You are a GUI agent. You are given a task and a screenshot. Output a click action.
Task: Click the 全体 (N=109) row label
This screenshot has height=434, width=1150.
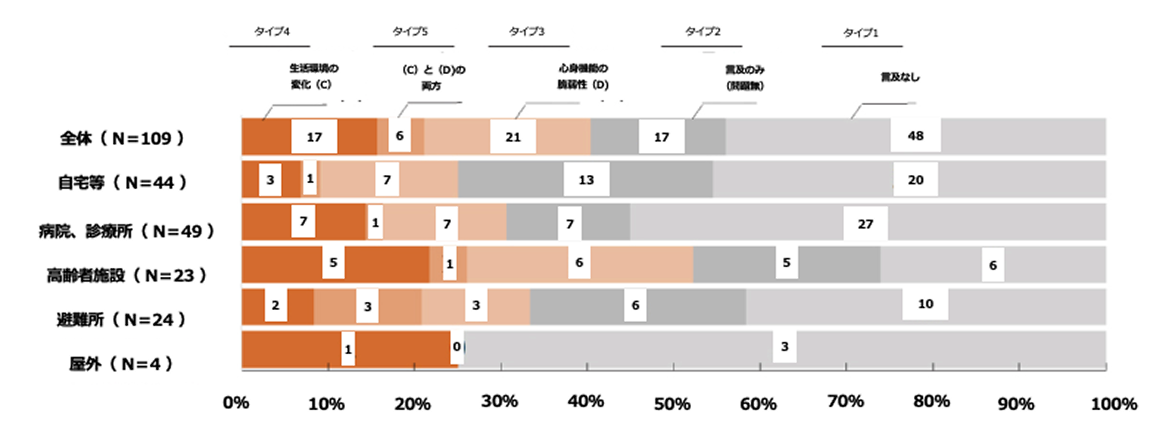122,138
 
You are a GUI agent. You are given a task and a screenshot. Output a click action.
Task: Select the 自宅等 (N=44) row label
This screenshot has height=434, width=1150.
122,182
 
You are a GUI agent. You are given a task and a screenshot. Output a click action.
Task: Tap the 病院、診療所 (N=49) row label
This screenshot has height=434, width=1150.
126,231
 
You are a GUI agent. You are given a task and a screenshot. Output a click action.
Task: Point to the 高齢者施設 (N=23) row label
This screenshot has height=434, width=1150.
126,275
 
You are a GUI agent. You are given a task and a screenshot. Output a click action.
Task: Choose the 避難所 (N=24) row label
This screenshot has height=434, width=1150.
121,319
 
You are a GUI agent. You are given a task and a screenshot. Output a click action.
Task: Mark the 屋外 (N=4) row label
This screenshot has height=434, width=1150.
121,364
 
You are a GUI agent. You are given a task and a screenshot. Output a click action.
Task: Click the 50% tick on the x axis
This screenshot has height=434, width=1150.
672,404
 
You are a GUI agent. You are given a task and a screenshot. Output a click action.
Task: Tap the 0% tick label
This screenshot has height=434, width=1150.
236,402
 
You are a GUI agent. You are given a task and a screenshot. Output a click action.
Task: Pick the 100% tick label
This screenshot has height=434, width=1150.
1114,404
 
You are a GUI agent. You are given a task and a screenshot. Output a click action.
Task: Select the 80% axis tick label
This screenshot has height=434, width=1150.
931,401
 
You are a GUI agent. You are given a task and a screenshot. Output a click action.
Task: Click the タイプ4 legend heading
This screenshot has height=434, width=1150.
271,32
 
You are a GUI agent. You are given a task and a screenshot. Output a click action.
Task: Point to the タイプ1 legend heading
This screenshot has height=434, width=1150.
860,33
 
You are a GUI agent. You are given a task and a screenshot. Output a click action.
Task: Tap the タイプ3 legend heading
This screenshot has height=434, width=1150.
526,32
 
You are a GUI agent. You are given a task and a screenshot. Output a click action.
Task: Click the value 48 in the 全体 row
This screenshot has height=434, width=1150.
916,136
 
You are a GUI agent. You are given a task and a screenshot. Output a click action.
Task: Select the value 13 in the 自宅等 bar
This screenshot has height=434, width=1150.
586,180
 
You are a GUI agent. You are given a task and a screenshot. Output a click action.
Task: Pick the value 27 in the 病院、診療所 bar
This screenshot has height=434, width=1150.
865,224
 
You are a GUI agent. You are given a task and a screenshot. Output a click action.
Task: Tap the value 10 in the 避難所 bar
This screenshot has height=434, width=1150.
926,304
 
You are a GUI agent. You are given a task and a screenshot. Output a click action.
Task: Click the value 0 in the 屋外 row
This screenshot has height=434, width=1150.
457,347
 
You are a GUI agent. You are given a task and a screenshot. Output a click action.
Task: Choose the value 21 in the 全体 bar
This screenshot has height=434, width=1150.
513,137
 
